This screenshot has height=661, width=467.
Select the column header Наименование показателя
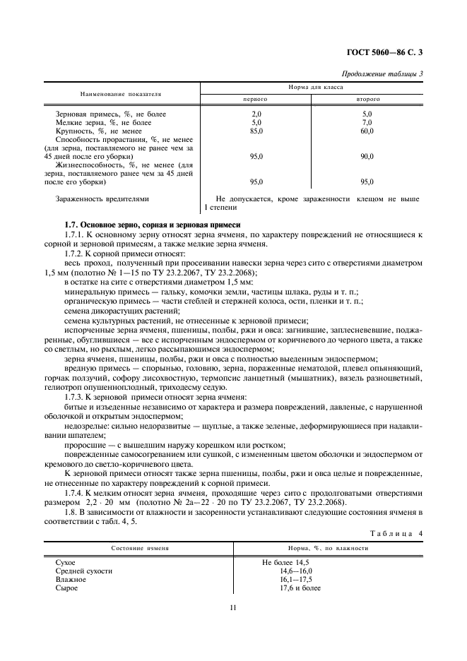point(121,93)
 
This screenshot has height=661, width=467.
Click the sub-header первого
point(256,100)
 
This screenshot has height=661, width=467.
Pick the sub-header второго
point(367,100)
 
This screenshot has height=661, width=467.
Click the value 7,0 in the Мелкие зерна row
point(367,122)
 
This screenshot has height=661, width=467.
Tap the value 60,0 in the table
point(367,131)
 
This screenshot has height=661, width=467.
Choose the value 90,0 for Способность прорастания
point(367,156)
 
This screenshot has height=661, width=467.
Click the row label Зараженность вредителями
point(102,199)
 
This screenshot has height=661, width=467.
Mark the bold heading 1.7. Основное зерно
point(153,225)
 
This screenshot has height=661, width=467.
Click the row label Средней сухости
point(83,571)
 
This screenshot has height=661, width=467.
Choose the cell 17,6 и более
point(300,588)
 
